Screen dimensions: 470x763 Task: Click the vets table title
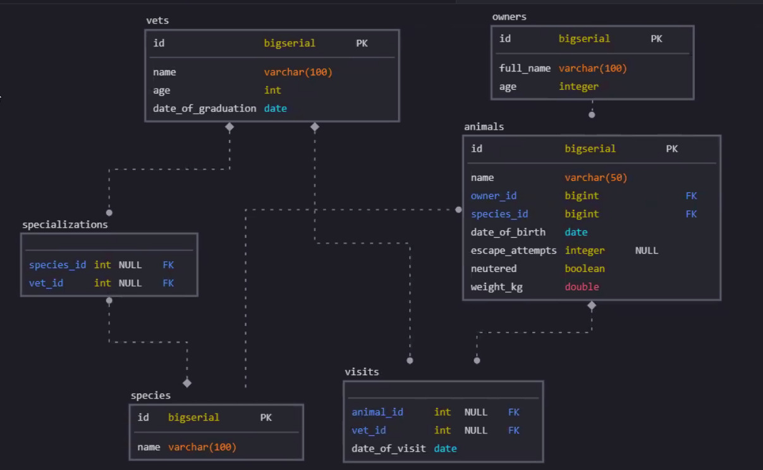(157, 20)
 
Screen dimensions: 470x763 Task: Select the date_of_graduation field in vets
(204, 108)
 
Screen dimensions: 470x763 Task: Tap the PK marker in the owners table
(656, 39)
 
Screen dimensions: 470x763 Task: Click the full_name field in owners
(525, 68)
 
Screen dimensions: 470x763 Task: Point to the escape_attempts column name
(513, 250)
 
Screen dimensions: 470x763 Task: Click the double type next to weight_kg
(582, 287)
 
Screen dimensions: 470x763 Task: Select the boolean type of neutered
(585, 269)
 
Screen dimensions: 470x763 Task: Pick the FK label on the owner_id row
(691, 196)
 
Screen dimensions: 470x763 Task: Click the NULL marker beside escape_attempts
(647, 250)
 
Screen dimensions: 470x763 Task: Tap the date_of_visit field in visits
(389, 448)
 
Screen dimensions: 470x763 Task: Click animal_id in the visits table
(377, 412)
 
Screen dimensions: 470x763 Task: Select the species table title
(150, 395)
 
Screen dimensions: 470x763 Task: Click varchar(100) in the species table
(202, 447)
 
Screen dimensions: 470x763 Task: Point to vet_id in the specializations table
(46, 283)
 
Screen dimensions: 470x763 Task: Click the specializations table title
(65, 225)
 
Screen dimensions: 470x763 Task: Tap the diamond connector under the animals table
(592, 306)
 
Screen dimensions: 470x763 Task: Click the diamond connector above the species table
(187, 383)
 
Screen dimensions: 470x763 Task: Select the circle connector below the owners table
(592, 114)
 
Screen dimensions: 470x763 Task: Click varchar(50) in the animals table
(595, 178)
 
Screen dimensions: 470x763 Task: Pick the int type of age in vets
(272, 90)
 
